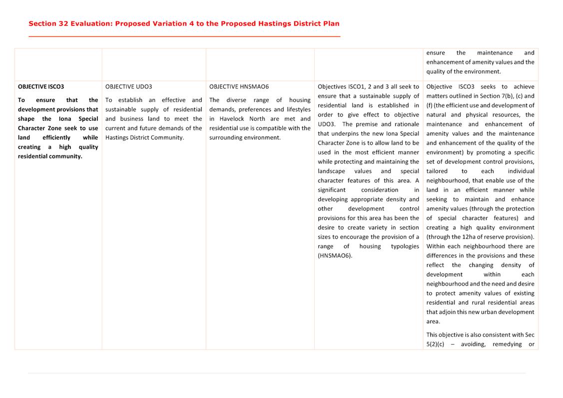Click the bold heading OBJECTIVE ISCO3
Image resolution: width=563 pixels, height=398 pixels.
(x=41, y=86)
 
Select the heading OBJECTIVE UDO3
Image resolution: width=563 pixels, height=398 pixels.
(x=128, y=86)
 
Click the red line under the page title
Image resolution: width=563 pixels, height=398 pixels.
(x=184, y=36)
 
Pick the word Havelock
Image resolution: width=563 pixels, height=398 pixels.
(x=233, y=119)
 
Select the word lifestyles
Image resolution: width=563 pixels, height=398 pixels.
(x=298, y=109)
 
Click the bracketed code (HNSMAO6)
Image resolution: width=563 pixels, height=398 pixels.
(x=335, y=256)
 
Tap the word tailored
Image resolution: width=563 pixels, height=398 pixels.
(x=437, y=171)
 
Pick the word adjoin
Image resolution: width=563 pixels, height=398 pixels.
(x=472, y=312)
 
